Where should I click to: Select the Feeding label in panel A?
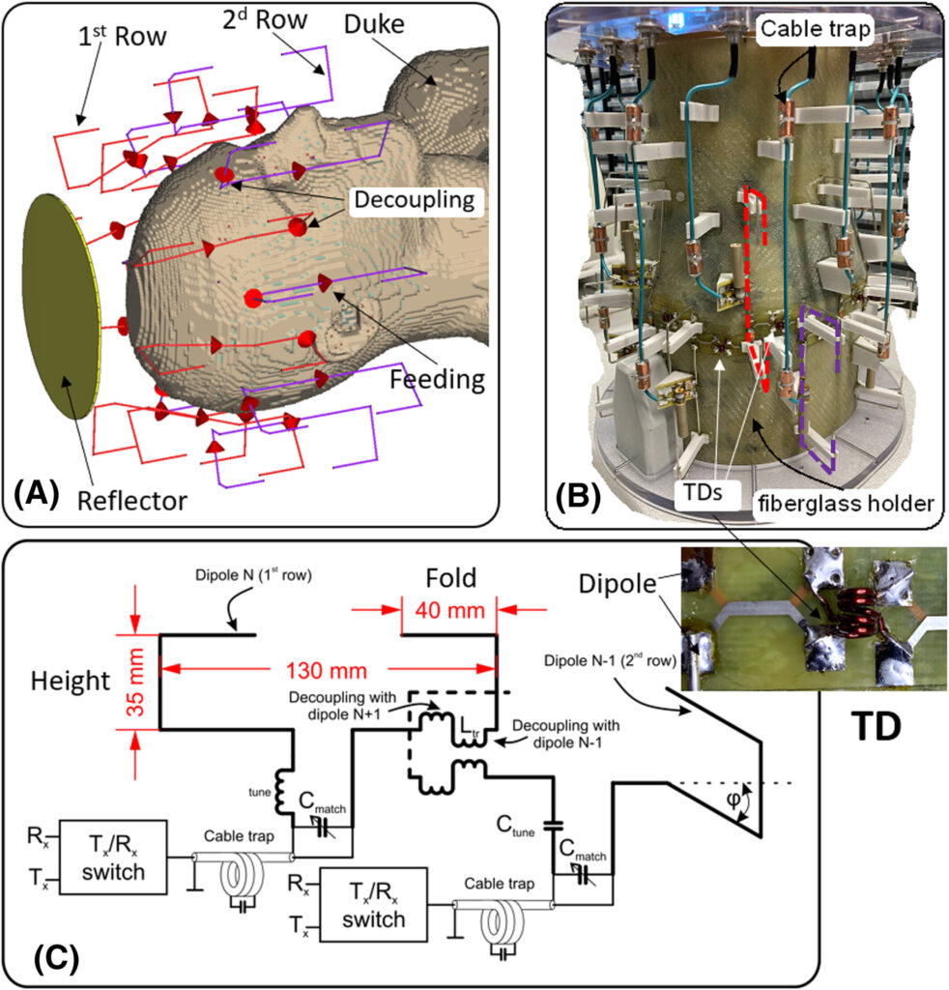point(438,378)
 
